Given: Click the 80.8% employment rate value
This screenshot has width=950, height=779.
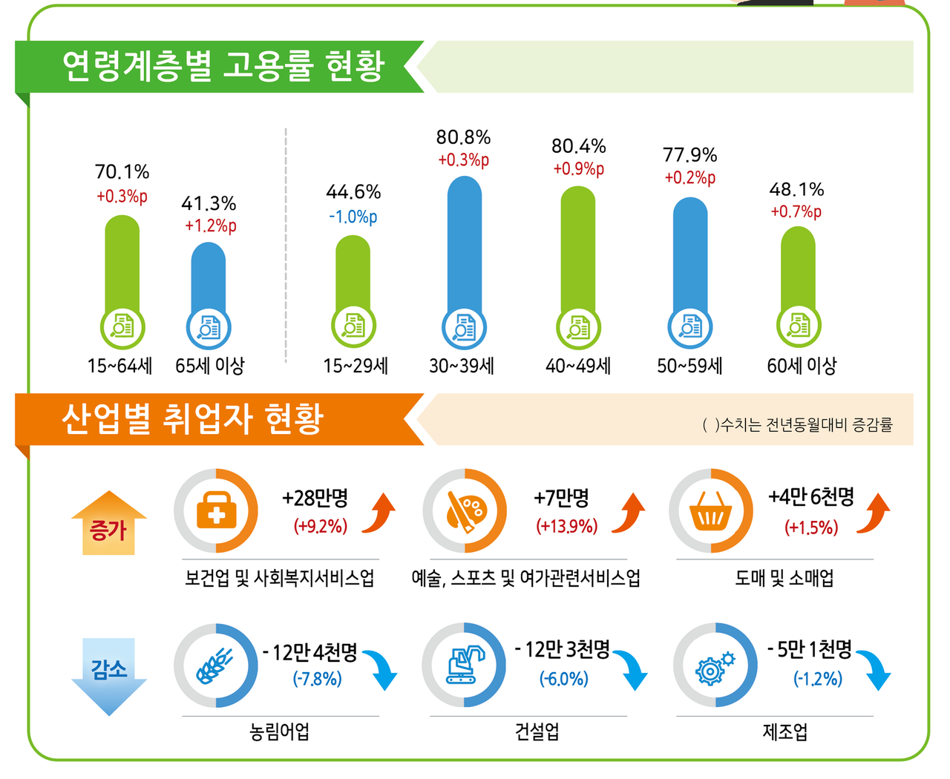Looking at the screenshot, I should coord(463,137).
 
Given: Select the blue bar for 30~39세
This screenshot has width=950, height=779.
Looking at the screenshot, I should coord(465,245).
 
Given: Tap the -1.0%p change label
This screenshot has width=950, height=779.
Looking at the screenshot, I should coord(353,217).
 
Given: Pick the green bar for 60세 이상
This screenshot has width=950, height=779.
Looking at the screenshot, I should coord(798,267).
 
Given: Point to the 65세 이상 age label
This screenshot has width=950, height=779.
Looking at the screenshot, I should coord(210,366).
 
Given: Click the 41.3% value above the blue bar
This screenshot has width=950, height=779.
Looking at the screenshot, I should coord(209,203).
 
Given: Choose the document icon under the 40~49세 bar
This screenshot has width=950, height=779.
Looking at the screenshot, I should coord(578,327).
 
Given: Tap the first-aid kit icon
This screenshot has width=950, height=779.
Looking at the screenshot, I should coord(216,511).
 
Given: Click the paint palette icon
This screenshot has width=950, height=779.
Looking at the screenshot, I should coord(465,511).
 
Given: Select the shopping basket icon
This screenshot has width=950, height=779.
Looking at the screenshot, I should coord(711,511).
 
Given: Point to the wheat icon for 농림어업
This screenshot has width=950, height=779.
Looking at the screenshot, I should coord(214,665).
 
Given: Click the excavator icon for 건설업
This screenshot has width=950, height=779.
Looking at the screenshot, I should coord(465,665).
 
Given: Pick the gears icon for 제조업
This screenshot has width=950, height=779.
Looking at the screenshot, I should coord(715,665).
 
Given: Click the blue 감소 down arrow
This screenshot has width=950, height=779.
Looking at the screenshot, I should coord(109,675).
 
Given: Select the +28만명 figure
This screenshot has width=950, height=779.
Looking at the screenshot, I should coord(315,498).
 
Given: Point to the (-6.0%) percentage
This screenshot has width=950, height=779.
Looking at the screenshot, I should coord(564,679).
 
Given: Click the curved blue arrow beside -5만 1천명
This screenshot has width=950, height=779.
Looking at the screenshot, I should coord(875,669).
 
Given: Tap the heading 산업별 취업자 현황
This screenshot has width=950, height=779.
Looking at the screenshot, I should coord(192,419).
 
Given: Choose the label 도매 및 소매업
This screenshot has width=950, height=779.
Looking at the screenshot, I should coord(784,578).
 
